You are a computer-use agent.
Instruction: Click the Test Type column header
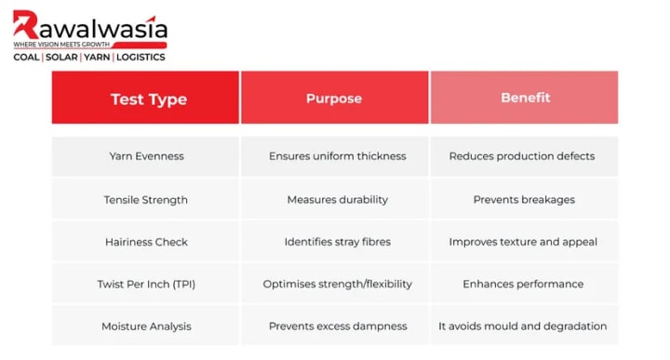pyautogui.click(x=145, y=98)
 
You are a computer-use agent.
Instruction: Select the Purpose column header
pyautogui.click(x=335, y=98)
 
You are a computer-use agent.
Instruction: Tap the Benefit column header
pyautogui.click(x=524, y=98)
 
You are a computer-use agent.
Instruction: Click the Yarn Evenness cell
pyautogui.click(x=145, y=156)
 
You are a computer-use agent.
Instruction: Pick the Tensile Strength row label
pyautogui.click(x=145, y=199)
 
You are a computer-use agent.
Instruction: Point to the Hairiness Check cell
pyautogui.click(x=145, y=242)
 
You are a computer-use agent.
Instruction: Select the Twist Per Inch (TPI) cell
pyautogui.click(x=145, y=284)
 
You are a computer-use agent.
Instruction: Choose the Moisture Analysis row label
pyautogui.click(x=145, y=326)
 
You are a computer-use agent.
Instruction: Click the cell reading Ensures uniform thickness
pyautogui.click(x=335, y=156)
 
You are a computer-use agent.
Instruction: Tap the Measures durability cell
pyautogui.click(x=335, y=199)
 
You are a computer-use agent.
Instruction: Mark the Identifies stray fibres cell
pyautogui.click(x=335, y=242)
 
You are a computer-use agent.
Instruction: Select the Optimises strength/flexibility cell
pyautogui.click(x=335, y=284)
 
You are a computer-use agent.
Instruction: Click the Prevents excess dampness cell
pyautogui.click(x=335, y=326)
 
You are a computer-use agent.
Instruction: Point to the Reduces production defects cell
pyautogui.click(x=524, y=156)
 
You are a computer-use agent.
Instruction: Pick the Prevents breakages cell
pyautogui.click(x=524, y=199)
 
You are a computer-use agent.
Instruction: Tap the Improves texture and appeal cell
pyautogui.click(x=524, y=242)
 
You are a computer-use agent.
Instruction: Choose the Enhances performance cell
pyautogui.click(x=524, y=284)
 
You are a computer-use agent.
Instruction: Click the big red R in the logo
pyautogui.click(x=25, y=25)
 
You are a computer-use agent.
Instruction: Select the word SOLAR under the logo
pyautogui.click(x=61, y=58)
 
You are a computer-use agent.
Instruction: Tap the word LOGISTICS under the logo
pyautogui.click(x=141, y=58)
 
